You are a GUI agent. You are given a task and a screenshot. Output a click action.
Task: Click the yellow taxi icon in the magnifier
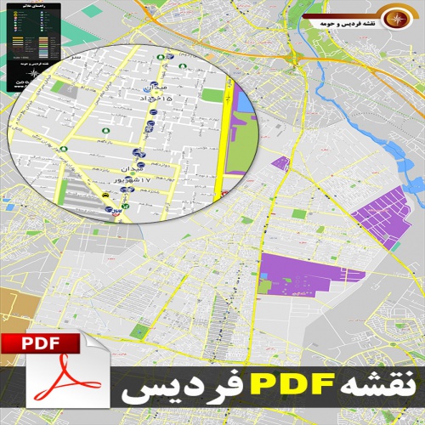pyautogui.click(x=105, y=195)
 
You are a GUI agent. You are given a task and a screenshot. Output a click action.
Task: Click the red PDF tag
pyautogui.click(x=42, y=344)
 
